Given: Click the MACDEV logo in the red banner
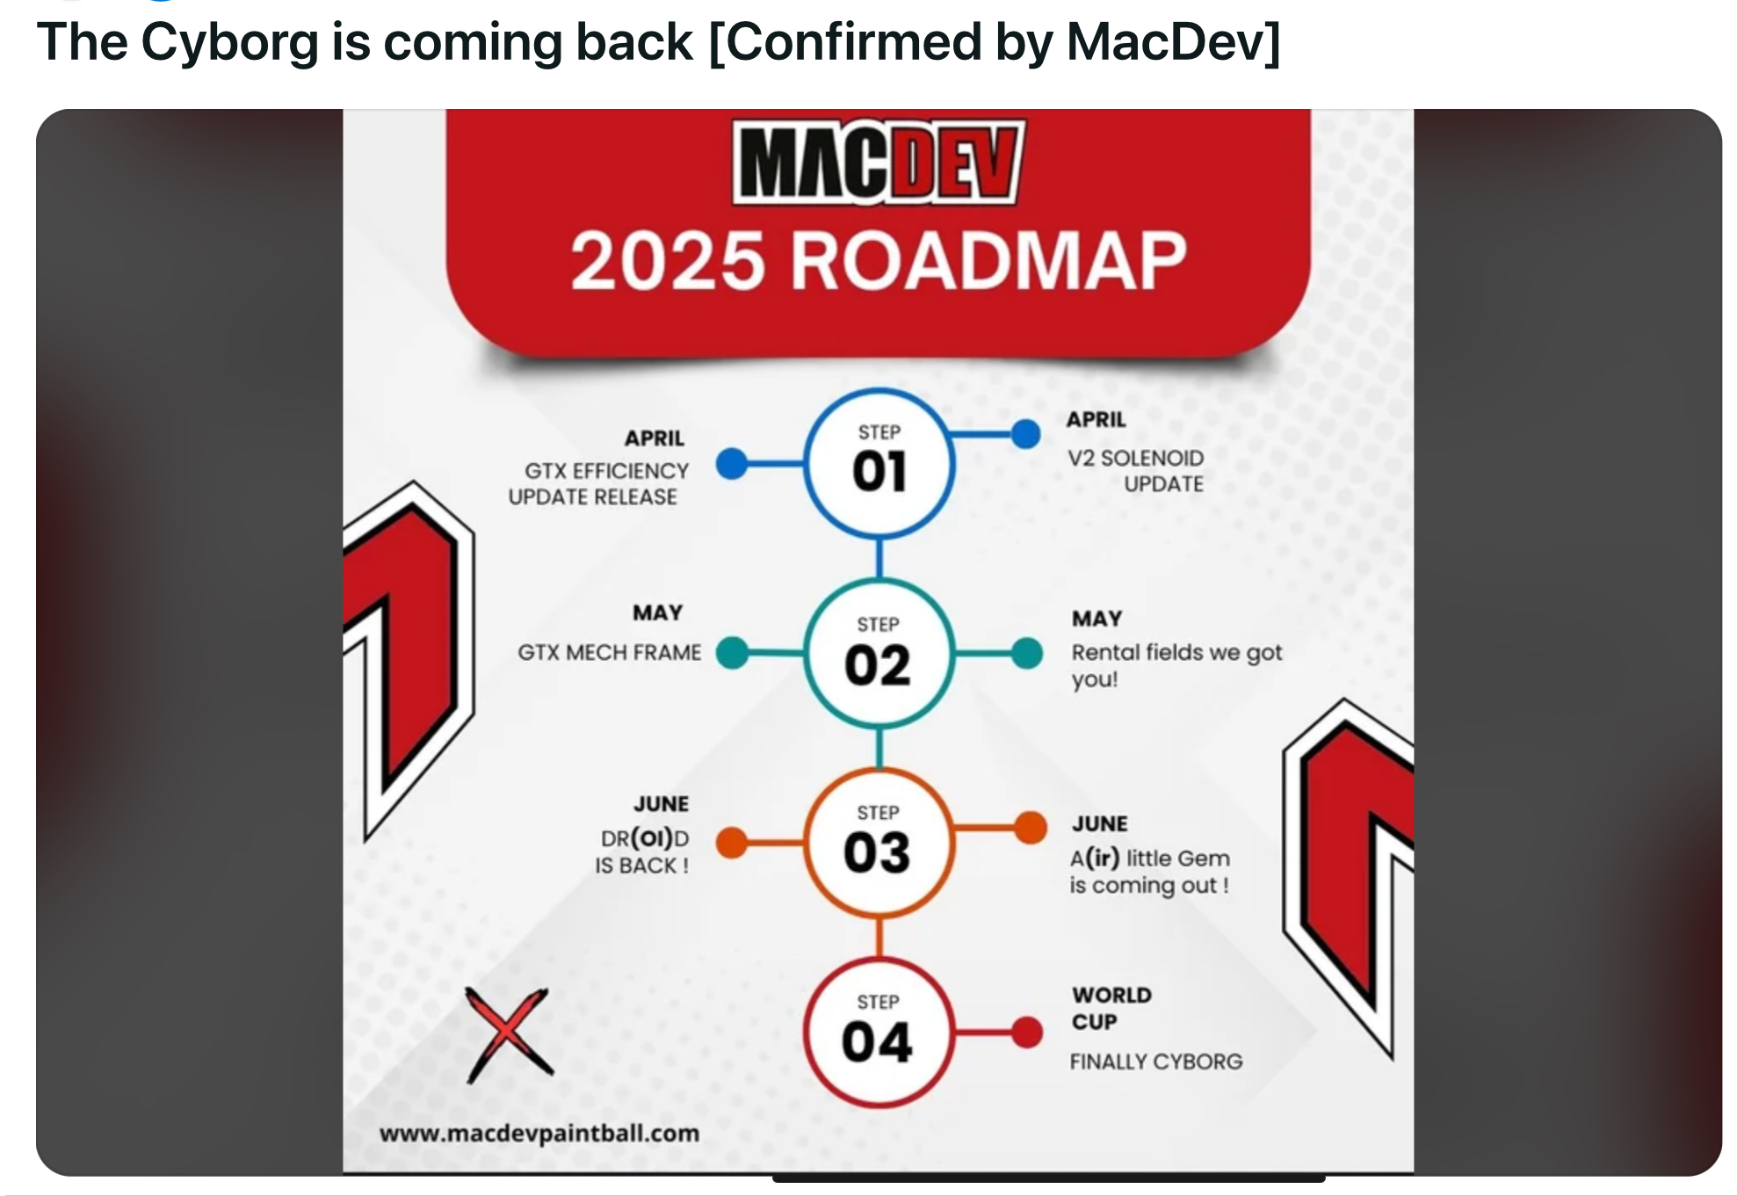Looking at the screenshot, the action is click(x=878, y=163).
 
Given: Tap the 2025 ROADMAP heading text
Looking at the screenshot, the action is click(x=879, y=261).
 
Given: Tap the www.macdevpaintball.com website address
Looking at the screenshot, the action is click(x=539, y=1134).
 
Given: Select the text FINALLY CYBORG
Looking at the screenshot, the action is click(x=1156, y=1062).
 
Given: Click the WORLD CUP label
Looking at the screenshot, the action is click(x=1111, y=1009).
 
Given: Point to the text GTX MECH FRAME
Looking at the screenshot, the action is click(x=610, y=652).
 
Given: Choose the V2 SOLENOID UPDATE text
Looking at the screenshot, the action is click(x=1136, y=471).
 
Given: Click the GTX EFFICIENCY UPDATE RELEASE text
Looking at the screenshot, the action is click(x=598, y=484).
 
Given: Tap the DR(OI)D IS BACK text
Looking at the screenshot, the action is click(x=642, y=852).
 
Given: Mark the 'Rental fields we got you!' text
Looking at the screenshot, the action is click(x=1176, y=665).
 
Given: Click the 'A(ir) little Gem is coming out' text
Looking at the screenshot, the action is click(x=1150, y=872).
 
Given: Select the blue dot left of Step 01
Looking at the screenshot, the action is click(x=732, y=464).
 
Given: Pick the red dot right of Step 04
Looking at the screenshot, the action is click(x=1026, y=1033).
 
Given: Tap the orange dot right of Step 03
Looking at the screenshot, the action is click(x=1030, y=828).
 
